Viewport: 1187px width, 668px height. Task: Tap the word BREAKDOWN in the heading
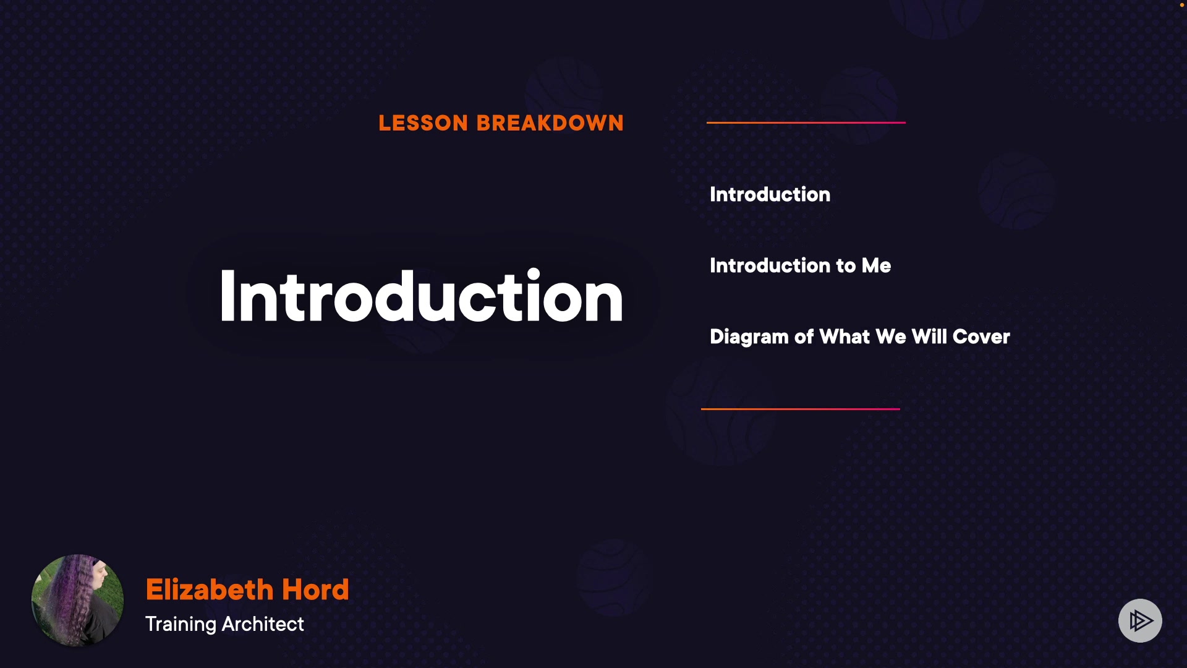550,123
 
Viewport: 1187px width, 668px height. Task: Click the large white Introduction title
420,296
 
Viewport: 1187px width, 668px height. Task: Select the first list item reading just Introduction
770,194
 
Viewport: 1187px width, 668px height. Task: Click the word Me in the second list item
876,265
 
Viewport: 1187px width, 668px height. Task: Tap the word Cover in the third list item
981,336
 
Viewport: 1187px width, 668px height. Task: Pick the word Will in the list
929,336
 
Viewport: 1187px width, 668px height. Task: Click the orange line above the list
806,122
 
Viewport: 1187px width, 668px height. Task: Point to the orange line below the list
801,409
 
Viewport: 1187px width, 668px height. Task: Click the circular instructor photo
77,600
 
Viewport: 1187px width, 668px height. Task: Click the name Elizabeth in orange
210,589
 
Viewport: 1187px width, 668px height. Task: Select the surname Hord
315,589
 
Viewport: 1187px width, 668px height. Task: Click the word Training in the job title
181,624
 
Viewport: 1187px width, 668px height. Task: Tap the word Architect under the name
263,624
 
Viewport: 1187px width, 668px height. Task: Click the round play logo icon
1140,620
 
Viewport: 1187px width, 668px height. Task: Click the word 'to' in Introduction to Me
846,267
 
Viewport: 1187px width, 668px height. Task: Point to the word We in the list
891,336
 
